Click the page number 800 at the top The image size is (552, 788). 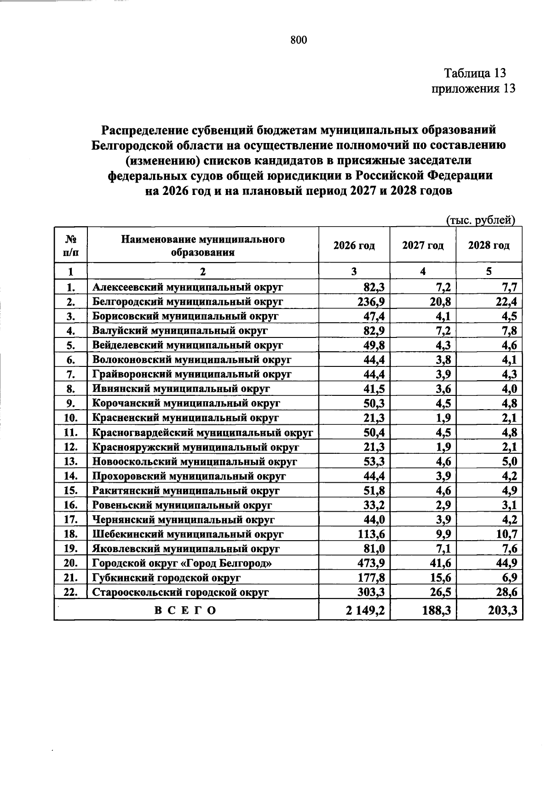pos(299,40)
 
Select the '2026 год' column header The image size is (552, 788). pos(354,246)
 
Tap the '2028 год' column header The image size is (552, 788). pos(489,246)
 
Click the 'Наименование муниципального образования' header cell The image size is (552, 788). pos(203,246)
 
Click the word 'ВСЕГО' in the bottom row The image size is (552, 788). pos(185,611)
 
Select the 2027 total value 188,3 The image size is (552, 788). pos(435,611)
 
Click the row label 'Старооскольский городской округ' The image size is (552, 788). pos(180,593)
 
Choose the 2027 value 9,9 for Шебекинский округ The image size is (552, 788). pos(443,534)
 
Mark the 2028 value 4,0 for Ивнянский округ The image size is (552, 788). pos(509,389)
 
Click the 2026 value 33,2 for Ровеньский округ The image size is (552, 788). pos(374,505)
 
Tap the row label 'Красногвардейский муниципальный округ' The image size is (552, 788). pos(202,433)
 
